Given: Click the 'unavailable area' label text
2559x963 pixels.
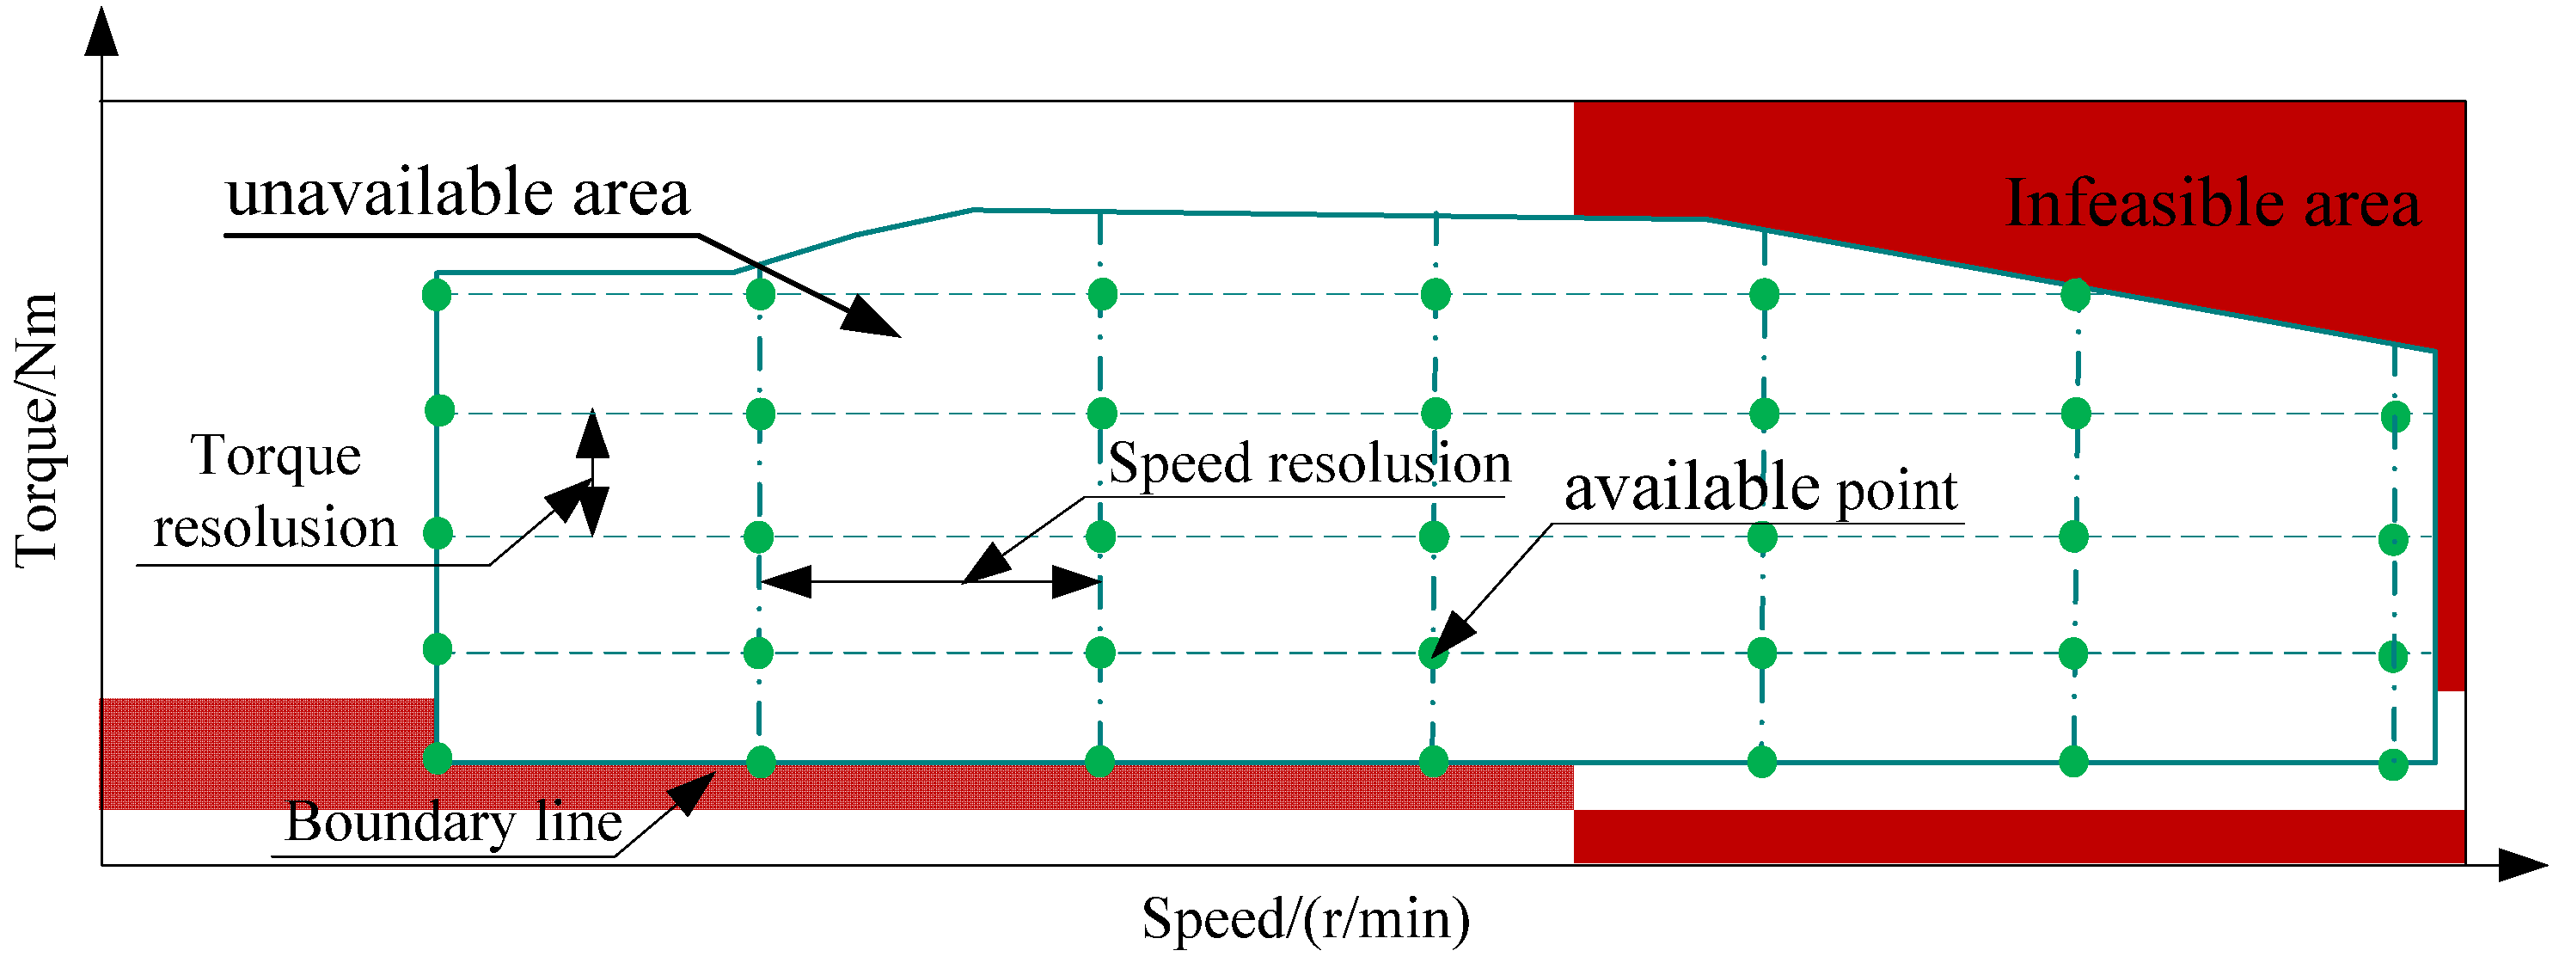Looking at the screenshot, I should [457, 193].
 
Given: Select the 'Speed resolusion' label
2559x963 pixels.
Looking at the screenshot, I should [1308, 464].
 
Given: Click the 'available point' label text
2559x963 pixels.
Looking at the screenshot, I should [1760, 489].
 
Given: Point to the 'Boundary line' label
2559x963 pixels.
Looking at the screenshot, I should [453, 823].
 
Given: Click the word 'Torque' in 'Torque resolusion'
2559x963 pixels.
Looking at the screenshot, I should [275, 457].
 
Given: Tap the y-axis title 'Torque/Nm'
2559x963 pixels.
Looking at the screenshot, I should [38, 429].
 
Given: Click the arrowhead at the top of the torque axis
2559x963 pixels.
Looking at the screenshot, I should [101, 30].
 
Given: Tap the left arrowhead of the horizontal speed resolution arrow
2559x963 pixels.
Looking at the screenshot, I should [785, 581].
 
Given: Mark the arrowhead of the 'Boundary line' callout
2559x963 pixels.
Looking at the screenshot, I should [695, 790].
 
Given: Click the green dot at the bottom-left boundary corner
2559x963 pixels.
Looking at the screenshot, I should [437, 758].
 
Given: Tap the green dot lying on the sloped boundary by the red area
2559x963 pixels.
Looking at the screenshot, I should [2075, 294].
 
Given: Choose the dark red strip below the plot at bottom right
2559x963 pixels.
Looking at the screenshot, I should [2017, 836].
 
